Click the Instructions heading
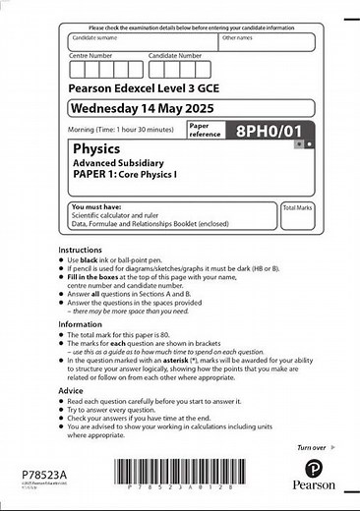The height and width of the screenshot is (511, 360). click(x=80, y=250)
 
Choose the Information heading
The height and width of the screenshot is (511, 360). click(x=80, y=323)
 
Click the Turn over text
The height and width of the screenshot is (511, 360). click(x=311, y=447)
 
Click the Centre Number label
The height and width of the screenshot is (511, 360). click(x=91, y=56)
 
